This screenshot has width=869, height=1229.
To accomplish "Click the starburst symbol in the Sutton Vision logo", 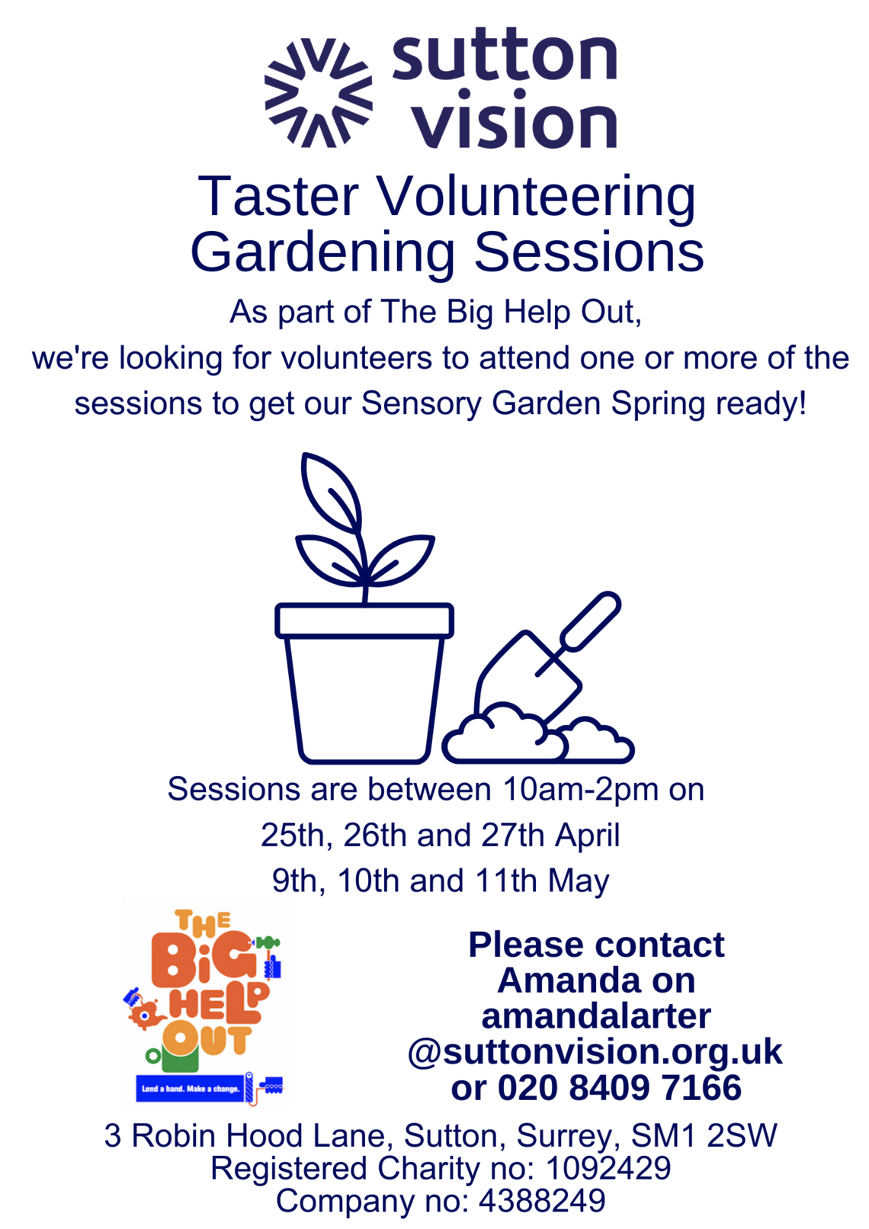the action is click(x=318, y=92).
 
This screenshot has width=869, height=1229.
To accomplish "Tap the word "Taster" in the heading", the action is click(x=279, y=196).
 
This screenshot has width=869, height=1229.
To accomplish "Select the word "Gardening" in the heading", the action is click(x=322, y=252).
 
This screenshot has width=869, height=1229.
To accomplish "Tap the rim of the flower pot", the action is click(x=364, y=621).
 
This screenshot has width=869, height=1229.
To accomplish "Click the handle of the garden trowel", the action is click(x=590, y=621).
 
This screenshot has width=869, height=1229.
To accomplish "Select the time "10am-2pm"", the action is click(x=580, y=790).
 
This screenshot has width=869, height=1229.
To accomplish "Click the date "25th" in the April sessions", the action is click(x=293, y=836).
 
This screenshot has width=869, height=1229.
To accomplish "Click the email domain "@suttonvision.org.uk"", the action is click(x=595, y=1052).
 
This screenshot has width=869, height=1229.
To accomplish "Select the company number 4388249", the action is click(x=542, y=1201).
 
